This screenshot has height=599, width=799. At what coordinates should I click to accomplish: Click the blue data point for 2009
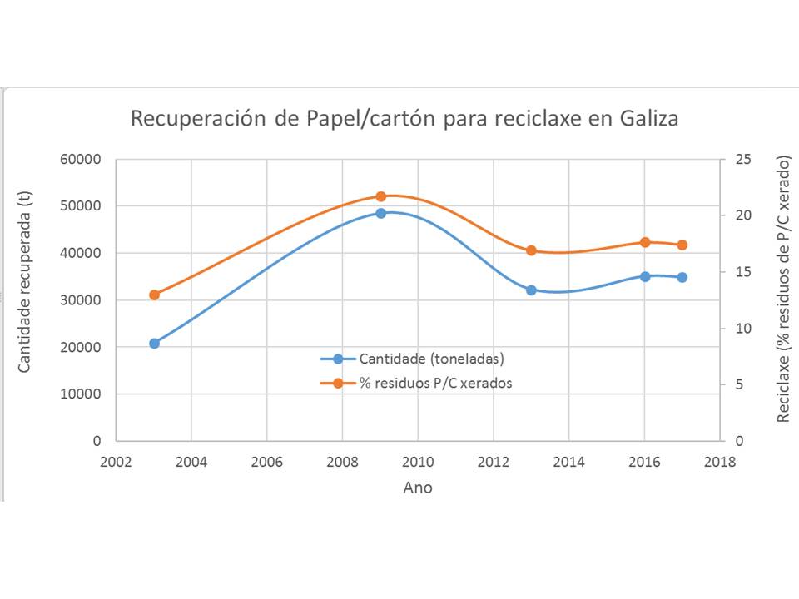coord(381,213)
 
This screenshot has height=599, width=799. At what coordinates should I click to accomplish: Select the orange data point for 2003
coord(154,295)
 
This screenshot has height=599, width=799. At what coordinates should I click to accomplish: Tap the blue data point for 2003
coord(154,343)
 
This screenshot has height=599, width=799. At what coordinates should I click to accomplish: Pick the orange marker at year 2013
coord(531,250)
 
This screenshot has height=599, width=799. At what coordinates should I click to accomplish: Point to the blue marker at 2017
coord(682,277)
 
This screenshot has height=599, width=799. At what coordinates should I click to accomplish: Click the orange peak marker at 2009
coord(381,196)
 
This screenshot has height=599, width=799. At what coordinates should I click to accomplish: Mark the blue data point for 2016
coord(644,276)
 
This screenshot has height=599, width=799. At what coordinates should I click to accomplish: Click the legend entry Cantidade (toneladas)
coord(432,359)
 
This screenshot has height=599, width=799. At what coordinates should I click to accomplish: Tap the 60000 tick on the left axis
coord(82,159)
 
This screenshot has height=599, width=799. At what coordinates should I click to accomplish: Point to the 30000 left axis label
coord(82,299)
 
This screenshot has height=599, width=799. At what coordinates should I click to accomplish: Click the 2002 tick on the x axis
coord(116,463)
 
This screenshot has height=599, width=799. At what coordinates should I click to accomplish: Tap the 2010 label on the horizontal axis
coord(417,463)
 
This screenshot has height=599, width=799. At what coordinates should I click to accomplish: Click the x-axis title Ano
coord(417,488)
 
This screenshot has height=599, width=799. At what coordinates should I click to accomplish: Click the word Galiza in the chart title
coord(648,119)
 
